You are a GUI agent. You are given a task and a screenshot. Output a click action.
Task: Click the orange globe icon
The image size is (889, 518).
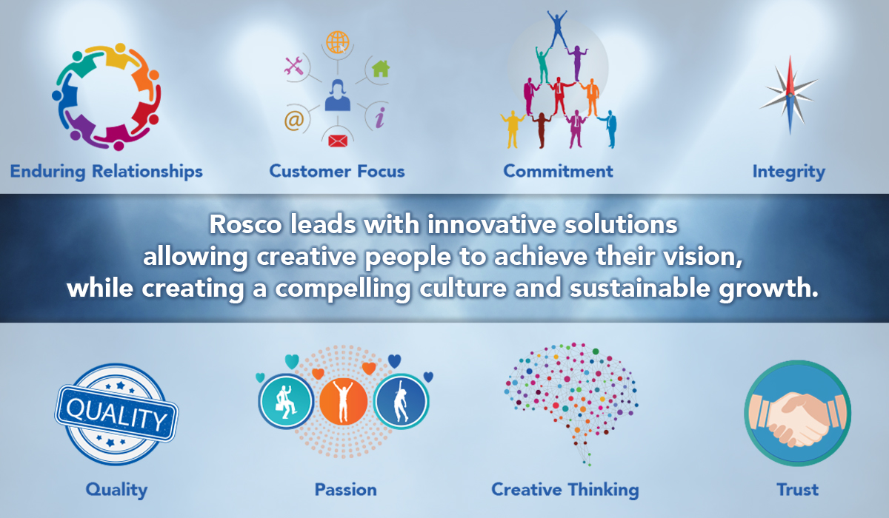tap(338, 42)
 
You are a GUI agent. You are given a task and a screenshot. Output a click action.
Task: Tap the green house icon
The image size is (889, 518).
tap(381, 69)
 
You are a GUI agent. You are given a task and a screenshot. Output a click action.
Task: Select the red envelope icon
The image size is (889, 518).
tap(338, 141)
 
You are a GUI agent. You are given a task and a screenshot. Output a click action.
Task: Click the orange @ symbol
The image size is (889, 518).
tap(294, 120)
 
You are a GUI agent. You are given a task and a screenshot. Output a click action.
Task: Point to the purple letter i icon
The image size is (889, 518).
tap(380, 118)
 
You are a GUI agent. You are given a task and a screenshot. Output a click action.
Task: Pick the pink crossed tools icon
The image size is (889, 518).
tap(294, 66)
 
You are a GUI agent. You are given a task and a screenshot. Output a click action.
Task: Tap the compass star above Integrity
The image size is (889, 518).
tap(789, 95)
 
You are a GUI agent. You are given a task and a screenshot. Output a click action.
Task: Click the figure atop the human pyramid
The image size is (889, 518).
tap(557, 29)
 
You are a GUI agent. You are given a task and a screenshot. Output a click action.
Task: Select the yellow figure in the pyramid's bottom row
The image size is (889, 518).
tap(513, 129)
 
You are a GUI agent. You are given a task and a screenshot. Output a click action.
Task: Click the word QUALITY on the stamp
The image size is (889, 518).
tap(116, 414)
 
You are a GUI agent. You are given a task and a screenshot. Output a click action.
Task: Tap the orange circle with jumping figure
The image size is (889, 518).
tap(343, 402)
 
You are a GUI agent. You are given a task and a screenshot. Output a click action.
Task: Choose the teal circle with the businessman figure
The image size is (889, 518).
tap(286, 402)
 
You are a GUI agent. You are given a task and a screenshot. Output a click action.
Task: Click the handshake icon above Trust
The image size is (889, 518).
tap(798, 413)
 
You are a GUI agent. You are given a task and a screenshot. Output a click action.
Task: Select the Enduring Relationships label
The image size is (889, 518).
tap(107, 172)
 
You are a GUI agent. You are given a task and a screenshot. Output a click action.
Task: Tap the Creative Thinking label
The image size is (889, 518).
tap(565, 490)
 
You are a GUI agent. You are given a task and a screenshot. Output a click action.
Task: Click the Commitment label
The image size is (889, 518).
tap(558, 171)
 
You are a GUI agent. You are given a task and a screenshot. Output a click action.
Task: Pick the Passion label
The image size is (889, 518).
tap(346, 490)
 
